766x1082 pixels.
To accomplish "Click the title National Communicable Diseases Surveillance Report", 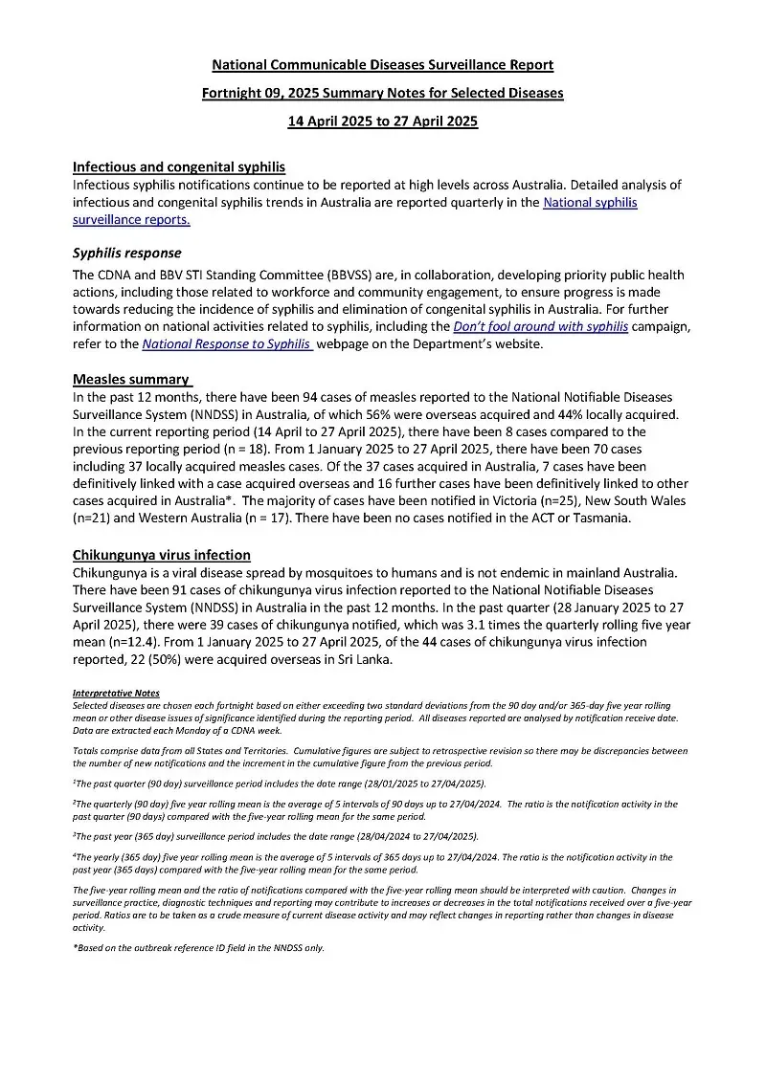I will tap(382, 65).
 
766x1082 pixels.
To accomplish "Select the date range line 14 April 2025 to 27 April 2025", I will tap(382, 121).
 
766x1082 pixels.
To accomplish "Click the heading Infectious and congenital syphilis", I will tap(178, 166).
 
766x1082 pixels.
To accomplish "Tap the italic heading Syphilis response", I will tap(126, 254).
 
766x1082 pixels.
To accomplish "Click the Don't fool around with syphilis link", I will tap(540, 326).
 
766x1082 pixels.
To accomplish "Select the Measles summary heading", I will tap(131, 379).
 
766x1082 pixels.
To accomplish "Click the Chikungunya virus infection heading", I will tap(162, 555).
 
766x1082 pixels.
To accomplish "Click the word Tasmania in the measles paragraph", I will tap(600, 518).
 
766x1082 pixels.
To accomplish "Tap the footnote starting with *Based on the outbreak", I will tap(198, 947).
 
